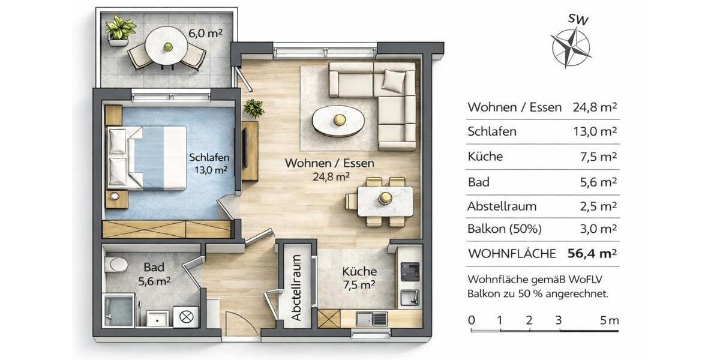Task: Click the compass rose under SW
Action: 571,47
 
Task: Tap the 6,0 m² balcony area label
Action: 206,34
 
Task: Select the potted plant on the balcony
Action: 119,30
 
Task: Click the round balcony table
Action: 167,45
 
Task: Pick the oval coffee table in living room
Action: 338,119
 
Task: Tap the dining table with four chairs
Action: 385,201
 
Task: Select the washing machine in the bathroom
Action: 185,316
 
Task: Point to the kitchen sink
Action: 366,318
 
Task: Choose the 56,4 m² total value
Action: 592,253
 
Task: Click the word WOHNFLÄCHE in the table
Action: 511,254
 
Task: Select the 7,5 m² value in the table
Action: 601,157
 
